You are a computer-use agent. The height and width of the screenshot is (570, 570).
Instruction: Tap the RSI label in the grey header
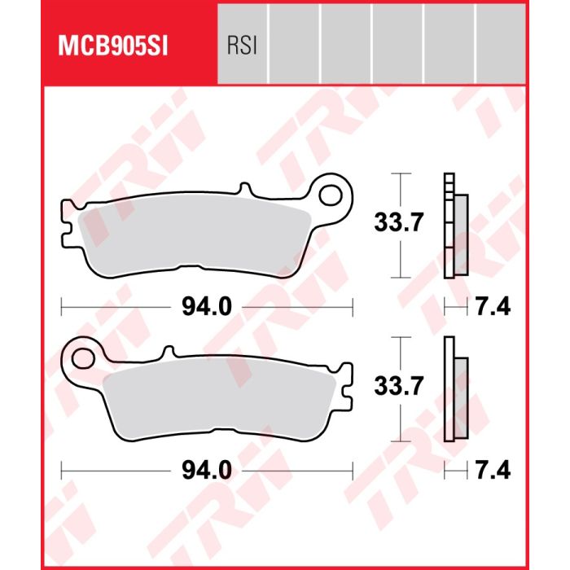[x=242, y=46]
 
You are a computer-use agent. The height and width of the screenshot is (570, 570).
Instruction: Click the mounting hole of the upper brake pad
[x=331, y=195]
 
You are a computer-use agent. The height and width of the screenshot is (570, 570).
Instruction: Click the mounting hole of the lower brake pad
[x=83, y=359]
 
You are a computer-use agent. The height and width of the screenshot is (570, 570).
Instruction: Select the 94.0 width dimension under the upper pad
[x=207, y=307]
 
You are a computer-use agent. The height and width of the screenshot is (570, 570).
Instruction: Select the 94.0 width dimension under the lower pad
[x=207, y=471]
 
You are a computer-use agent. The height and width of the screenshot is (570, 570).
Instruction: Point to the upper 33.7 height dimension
[x=399, y=222]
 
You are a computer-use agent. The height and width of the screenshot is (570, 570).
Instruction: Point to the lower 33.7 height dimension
[x=399, y=386]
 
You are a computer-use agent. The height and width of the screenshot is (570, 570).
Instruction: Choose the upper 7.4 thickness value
[x=493, y=307]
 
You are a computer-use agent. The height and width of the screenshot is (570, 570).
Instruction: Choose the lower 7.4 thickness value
[x=493, y=471]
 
